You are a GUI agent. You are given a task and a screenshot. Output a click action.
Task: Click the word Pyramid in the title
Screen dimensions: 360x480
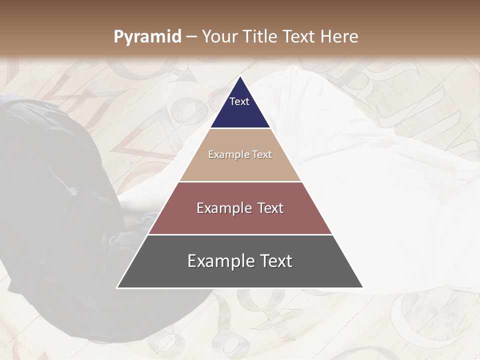coord(147,37)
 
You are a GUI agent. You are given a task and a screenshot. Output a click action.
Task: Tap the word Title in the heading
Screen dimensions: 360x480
coord(259,37)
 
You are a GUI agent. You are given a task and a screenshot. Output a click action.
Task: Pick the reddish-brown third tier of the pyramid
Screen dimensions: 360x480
coord(240,220)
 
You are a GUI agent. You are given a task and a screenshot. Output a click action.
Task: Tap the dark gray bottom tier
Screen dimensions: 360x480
coord(240,275)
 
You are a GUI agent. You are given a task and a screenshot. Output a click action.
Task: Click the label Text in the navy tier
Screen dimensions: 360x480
coord(239,101)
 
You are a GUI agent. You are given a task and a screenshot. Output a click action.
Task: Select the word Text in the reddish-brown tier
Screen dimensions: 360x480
coord(271,208)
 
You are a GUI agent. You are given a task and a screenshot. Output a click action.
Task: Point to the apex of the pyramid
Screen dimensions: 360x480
coord(240,77)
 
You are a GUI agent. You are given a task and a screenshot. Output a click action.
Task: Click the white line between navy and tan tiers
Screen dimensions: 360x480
coord(240,128)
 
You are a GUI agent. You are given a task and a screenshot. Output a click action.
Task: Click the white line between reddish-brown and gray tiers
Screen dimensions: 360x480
coord(240,234)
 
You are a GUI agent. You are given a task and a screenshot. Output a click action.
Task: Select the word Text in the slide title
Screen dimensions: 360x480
coord(299,37)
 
